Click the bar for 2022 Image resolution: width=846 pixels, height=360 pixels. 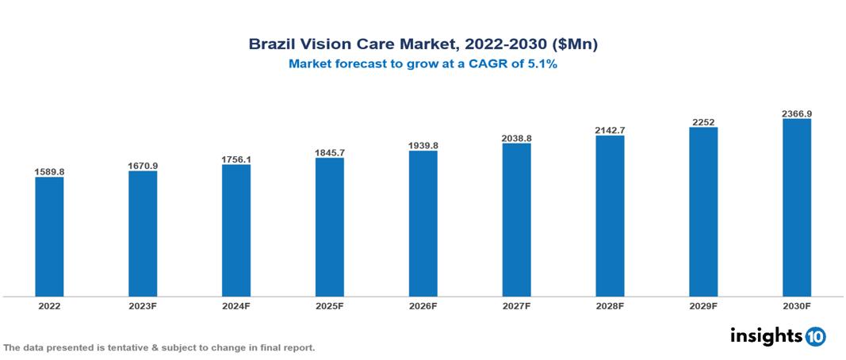49,236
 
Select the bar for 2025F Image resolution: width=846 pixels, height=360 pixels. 329,227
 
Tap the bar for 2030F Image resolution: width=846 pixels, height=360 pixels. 796,208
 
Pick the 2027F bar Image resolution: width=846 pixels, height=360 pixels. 516,220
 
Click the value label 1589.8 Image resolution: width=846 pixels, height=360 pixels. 49,171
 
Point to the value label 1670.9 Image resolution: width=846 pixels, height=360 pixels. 143,165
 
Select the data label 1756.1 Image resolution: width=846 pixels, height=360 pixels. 236,159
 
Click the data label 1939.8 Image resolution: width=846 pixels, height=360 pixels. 423,145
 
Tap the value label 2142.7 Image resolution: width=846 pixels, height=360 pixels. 610,129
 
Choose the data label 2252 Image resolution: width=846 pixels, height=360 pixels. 702,121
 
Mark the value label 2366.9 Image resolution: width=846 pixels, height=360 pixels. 796,113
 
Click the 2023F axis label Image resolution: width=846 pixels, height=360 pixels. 143,305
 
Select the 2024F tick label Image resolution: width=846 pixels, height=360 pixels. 236,305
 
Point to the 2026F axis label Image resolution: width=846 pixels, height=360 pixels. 423,305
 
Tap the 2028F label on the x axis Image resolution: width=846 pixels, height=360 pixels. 610,305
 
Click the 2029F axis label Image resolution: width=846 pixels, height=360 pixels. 702,305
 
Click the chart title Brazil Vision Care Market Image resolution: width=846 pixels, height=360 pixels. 423,44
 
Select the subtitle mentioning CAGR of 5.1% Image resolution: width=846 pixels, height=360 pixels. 423,64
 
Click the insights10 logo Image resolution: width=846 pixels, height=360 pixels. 777,336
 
